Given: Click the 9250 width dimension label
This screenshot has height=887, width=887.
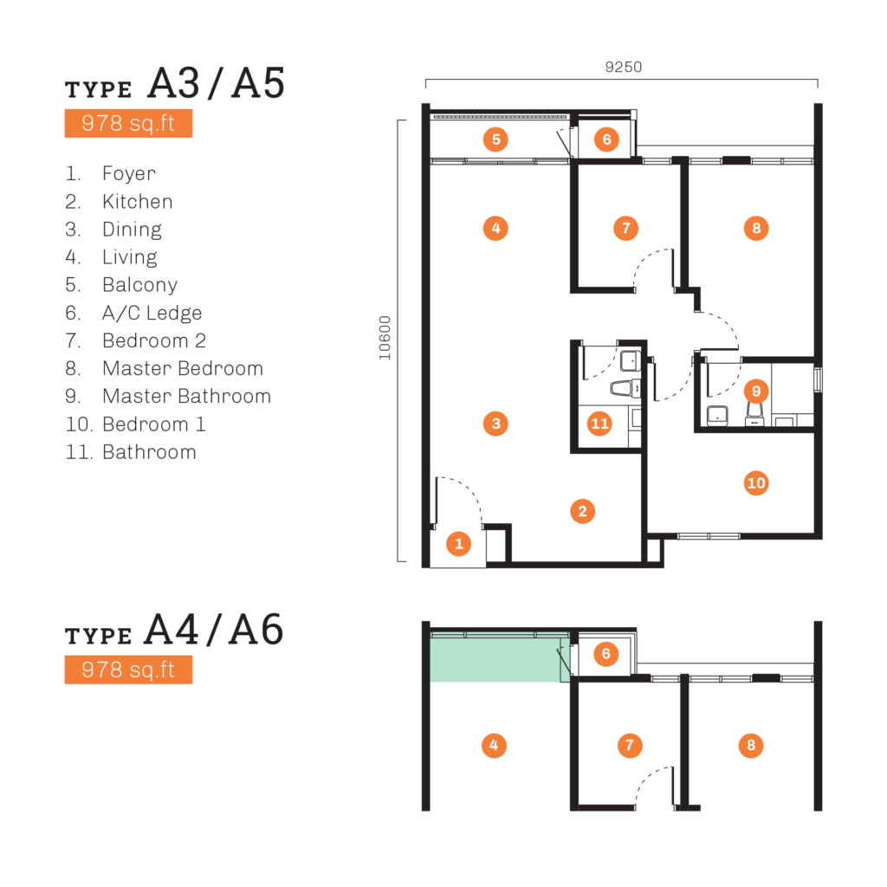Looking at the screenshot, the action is [x=624, y=67].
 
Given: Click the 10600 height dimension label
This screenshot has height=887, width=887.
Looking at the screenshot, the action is [x=385, y=338].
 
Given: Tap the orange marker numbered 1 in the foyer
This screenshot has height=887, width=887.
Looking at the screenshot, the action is [x=459, y=544].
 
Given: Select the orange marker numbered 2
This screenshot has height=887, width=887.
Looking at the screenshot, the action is [x=583, y=511].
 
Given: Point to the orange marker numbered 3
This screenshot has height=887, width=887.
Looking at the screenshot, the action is [x=495, y=423].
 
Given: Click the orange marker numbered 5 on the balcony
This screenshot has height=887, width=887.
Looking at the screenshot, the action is [x=495, y=139].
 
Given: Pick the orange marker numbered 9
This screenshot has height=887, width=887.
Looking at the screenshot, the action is [x=756, y=391].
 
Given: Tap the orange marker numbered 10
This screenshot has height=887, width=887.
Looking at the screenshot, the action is [x=756, y=483].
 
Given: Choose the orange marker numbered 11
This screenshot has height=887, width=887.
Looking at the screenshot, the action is [x=599, y=423].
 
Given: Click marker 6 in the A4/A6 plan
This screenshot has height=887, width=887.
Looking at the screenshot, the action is [x=605, y=654].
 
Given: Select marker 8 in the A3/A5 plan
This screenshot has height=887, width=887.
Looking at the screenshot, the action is [x=756, y=229].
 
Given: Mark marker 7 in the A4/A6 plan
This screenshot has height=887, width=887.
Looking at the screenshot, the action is [x=630, y=746].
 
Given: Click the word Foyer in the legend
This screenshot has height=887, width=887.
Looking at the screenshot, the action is [x=129, y=174].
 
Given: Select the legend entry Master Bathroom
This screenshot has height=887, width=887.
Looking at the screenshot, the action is [x=187, y=396].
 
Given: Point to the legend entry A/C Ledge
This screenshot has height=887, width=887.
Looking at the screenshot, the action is [x=152, y=313].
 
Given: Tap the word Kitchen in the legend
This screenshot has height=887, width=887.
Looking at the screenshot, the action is [x=138, y=201].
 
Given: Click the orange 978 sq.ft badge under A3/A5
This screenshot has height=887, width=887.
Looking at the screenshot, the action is [x=128, y=123].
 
